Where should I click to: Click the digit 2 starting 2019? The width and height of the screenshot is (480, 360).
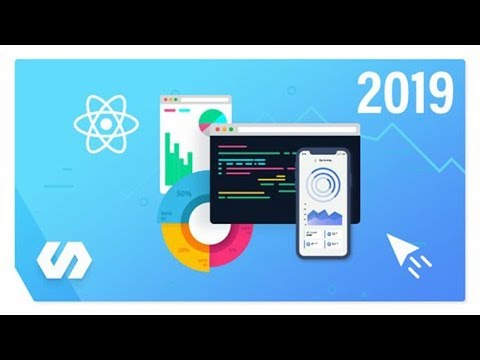pyautogui.click(x=370, y=97)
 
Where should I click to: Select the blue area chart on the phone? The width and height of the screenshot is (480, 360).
pyautogui.click(x=325, y=217)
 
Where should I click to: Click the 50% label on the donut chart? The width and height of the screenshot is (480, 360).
pyautogui.click(x=184, y=192)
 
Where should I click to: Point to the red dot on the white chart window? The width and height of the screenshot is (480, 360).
pyautogui.click(x=165, y=101)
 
